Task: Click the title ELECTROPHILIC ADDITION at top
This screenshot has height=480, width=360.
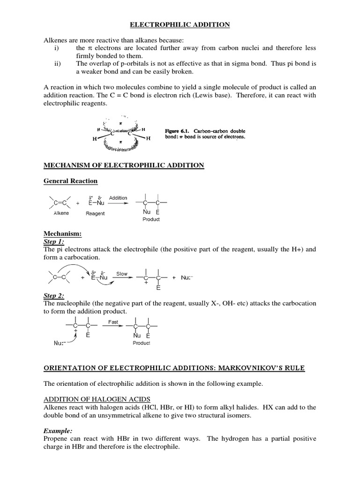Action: (x=180, y=25)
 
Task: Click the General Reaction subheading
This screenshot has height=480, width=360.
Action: (x=71, y=180)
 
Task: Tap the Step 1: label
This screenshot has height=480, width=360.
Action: (x=53, y=241)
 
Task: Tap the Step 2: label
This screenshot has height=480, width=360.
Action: (x=53, y=296)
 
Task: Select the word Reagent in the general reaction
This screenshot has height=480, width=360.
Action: (x=95, y=213)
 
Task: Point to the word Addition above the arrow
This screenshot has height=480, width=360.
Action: (x=118, y=198)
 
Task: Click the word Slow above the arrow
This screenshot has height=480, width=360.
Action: (x=122, y=274)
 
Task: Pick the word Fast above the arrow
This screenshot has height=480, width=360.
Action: (x=113, y=322)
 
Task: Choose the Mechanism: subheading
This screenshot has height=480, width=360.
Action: (x=63, y=233)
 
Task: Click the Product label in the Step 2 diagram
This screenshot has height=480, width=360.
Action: (x=141, y=343)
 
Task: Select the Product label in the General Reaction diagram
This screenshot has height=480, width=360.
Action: (x=150, y=219)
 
